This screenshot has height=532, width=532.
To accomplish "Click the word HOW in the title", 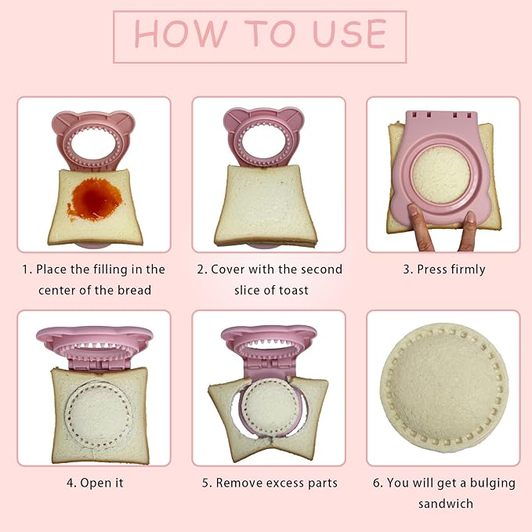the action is click(180, 33).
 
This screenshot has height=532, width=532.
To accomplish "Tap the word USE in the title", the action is click(349, 33).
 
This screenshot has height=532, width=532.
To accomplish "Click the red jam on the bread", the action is click(96, 200).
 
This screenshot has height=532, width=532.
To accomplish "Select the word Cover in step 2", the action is click(227, 270).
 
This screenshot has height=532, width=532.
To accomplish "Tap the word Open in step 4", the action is click(93, 483).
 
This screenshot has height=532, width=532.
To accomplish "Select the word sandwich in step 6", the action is click(446, 504).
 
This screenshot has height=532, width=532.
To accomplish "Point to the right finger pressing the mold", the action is click(469, 230).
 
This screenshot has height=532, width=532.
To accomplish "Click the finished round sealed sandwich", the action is click(444, 388).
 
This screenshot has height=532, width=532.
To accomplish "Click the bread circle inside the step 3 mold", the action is click(441, 175).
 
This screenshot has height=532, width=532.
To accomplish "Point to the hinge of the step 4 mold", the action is click(99, 365).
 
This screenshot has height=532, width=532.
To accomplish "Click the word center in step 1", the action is click(56, 291).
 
